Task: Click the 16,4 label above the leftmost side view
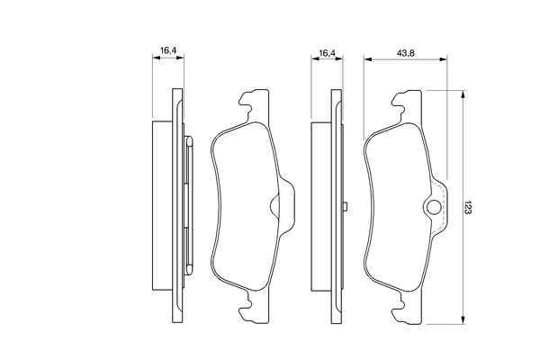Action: (x=168, y=50)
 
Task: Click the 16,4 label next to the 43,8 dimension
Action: (x=327, y=53)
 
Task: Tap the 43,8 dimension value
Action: (x=405, y=53)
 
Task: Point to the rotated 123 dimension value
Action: (x=467, y=208)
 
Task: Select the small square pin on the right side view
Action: (x=346, y=206)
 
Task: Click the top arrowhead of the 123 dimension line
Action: (x=463, y=94)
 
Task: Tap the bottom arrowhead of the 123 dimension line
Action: (x=463, y=320)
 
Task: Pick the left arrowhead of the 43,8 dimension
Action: (x=368, y=59)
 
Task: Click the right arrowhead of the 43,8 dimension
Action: (x=443, y=59)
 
